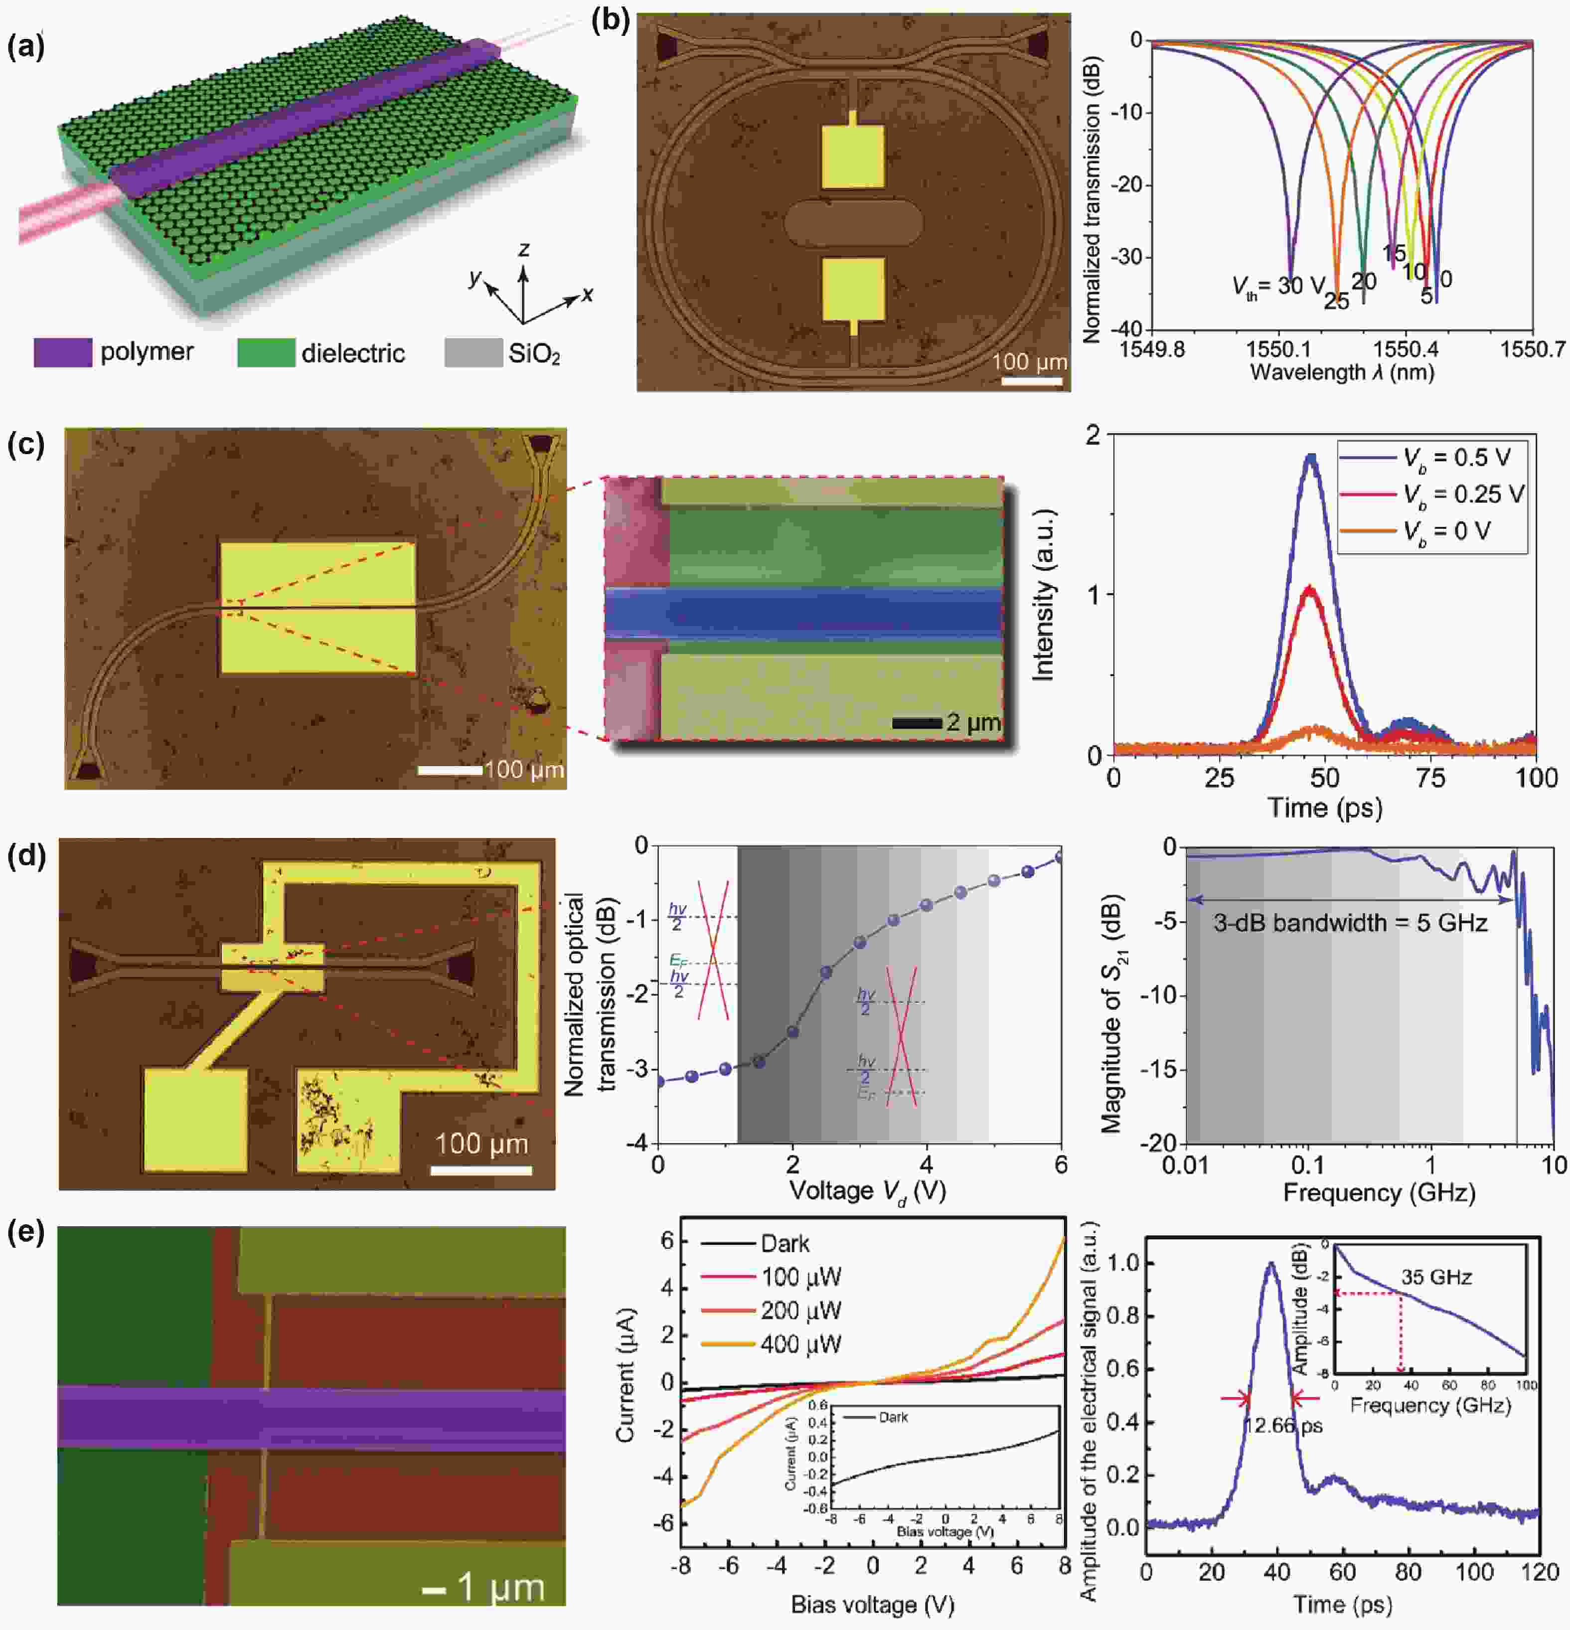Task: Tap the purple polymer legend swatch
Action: click(62, 352)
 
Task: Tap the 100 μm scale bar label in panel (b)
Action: click(1030, 362)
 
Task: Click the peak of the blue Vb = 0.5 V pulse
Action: click(1311, 456)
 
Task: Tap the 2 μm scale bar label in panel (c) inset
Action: click(973, 722)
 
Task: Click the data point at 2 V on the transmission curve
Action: click(792, 1031)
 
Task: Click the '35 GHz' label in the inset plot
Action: click(1436, 1278)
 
